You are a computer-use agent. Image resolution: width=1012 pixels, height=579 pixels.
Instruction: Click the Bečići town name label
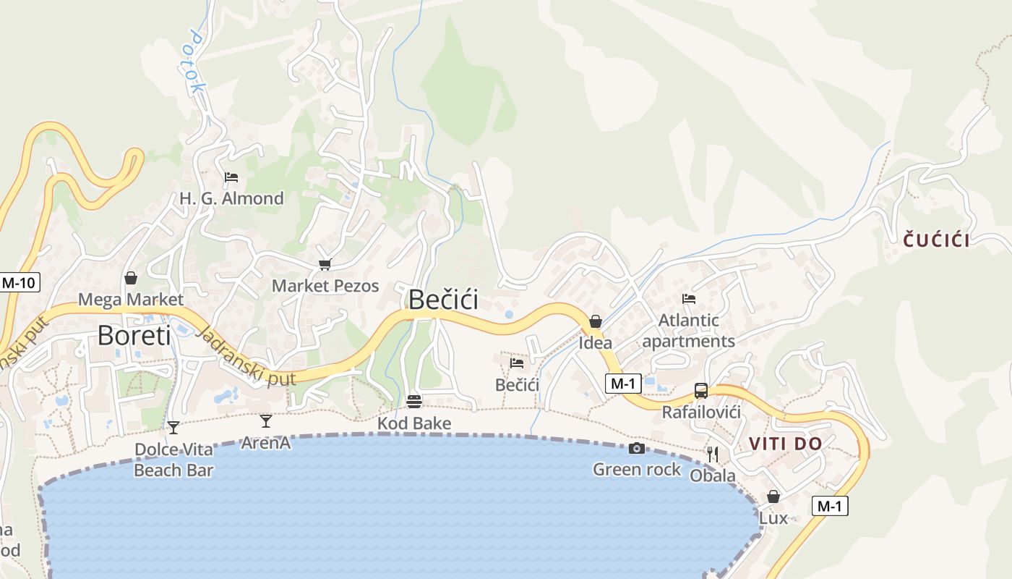[x=443, y=299]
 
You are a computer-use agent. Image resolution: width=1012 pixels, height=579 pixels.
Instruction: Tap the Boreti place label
[x=134, y=335]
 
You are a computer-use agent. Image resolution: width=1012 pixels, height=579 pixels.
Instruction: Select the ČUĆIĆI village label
[x=936, y=240]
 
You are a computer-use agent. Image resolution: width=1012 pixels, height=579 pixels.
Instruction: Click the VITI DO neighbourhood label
[x=785, y=444]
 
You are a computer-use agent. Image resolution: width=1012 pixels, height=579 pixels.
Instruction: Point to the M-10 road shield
[x=19, y=282]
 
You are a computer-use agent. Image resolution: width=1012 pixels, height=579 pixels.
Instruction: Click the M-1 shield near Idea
[x=622, y=384]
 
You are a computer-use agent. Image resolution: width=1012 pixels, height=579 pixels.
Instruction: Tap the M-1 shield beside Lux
[x=829, y=506]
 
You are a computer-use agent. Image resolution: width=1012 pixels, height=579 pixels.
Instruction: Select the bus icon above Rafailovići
[x=700, y=391]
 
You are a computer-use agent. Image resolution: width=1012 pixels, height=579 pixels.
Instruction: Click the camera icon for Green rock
[x=636, y=449]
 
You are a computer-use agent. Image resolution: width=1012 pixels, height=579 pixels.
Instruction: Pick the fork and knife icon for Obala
[x=713, y=454]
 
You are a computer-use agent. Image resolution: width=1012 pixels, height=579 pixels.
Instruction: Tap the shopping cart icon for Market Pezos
[x=325, y=265]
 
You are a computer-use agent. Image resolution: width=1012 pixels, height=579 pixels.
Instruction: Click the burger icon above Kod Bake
[x=414, y=401]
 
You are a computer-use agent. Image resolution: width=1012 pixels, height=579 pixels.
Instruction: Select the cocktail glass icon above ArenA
[x=266, y=420]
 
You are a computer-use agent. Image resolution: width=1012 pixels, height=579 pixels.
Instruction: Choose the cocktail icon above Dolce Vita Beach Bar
[x=173, y=427]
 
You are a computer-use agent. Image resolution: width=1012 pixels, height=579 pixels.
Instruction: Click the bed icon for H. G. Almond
[x=231, y=177]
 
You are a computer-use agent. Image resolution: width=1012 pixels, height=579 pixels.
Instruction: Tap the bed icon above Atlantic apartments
[x=689, y=298]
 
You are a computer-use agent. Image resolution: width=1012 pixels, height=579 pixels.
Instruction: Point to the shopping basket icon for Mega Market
[x=131, y=278]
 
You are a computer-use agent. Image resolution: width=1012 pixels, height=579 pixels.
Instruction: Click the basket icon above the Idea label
[x=596, y=321]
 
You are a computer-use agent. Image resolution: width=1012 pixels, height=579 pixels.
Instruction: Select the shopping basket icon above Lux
[x=773, y=496]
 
